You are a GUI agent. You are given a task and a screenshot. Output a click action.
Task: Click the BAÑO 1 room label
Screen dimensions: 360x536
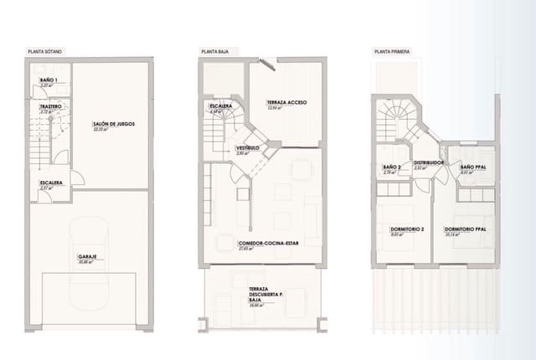pyautogui.click(x=49, y=80)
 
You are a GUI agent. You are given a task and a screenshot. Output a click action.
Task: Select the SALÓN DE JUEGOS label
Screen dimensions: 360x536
pyautogui.click(x=114, y=125)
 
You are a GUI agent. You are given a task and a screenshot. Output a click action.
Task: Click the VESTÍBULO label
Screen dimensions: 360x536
pyautogui.click(x=224, y=147)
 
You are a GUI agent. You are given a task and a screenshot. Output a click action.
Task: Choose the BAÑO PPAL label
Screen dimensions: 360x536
pyautogui.click(x=474, y=167)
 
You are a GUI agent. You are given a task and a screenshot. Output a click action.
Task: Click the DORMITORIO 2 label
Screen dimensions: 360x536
pyautogui.click(x=406, y=229)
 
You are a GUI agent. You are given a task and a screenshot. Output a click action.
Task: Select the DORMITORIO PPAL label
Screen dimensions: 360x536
pyautogui.click(x=465, y=229)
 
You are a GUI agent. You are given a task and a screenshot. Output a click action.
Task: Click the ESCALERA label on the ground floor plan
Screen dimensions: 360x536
pyautogui.click(x=220, y=106)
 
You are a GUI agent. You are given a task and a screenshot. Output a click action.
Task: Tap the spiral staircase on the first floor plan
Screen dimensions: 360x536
pyautogui.click(x=399, y=117)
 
